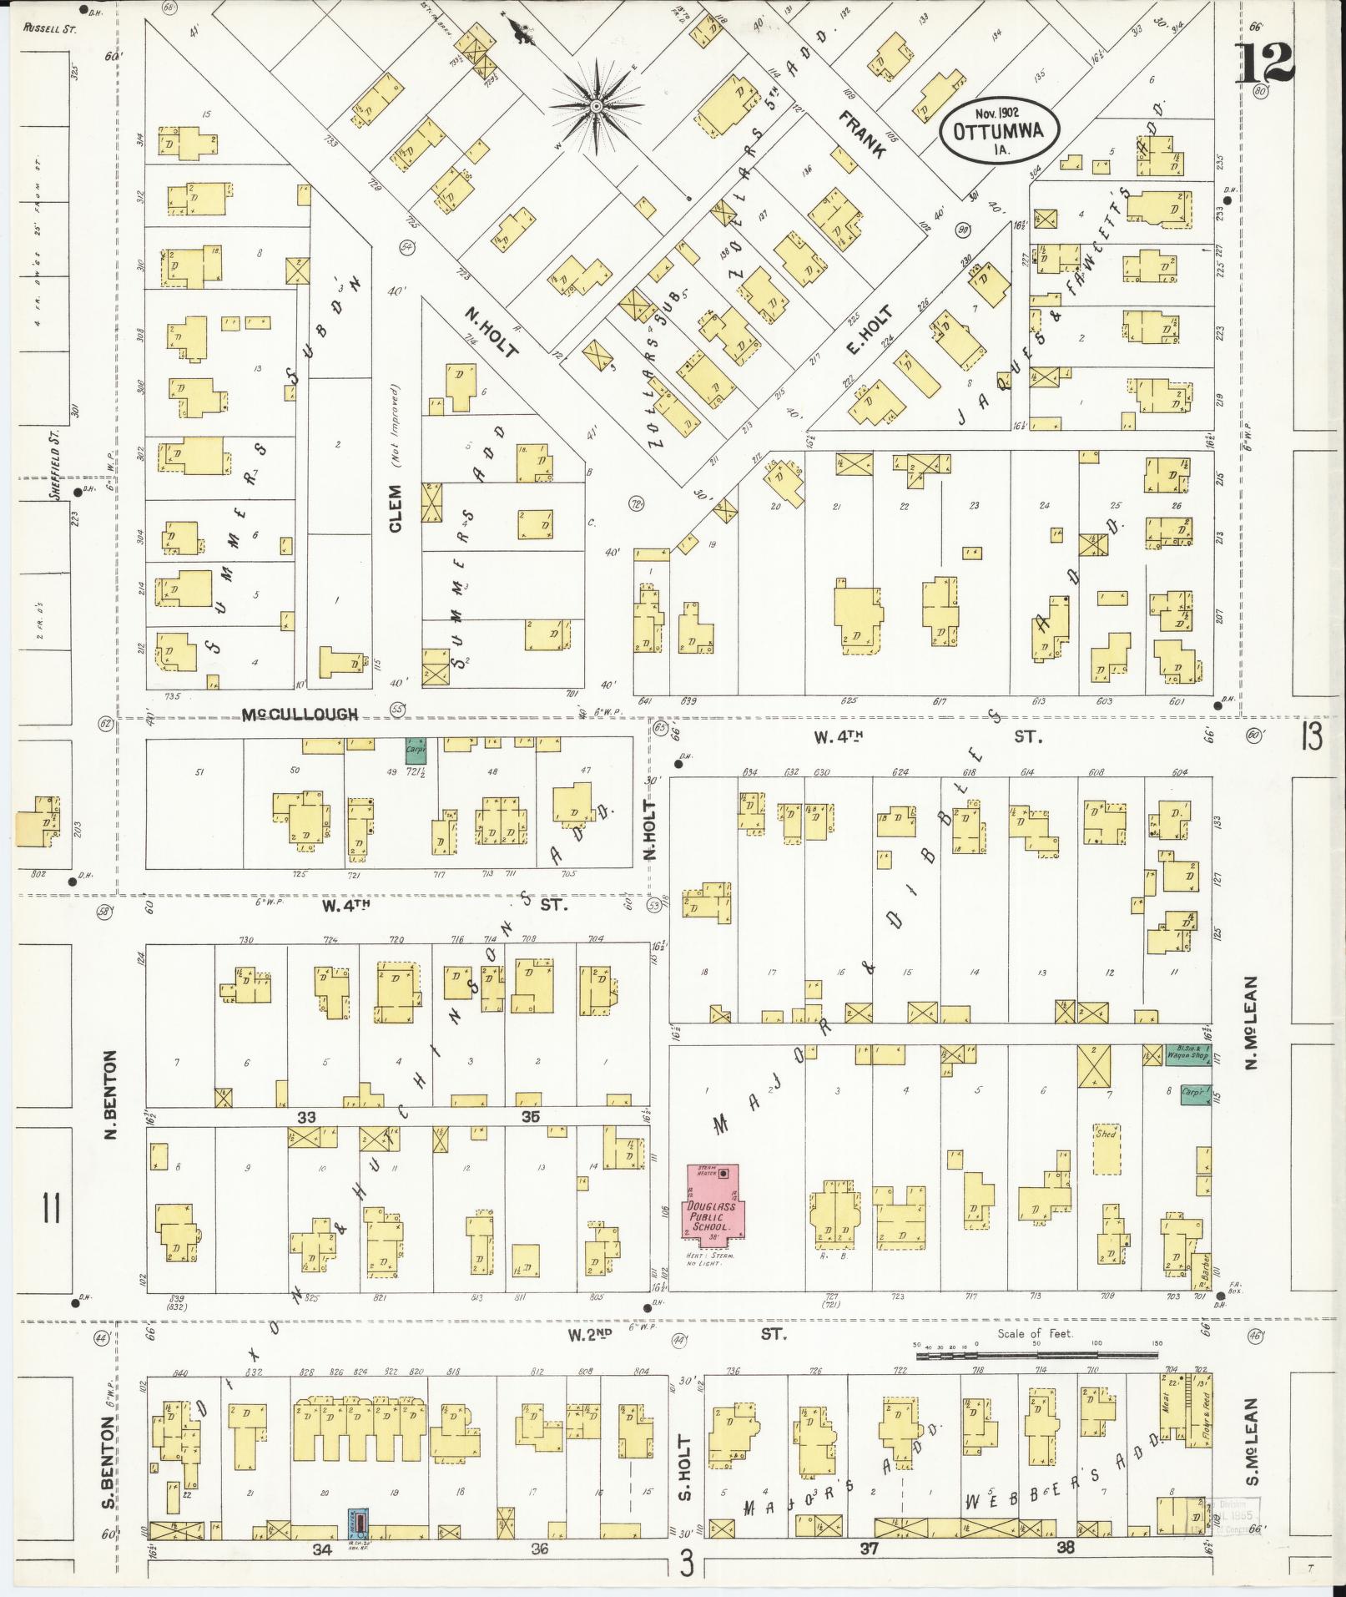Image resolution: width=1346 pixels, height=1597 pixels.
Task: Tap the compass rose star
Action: pos(597,107)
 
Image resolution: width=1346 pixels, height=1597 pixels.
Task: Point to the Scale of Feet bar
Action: pos(1035,1356)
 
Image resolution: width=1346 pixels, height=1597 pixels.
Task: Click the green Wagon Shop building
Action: pos(1187,1055)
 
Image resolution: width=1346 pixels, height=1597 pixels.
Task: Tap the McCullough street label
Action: pos(300,714)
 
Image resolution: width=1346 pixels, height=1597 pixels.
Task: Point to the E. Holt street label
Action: pos(869,329)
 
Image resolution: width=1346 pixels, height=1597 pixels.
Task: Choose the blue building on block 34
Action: pos(358,1524)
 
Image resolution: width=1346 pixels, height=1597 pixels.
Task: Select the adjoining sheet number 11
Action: pos(50,1207)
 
